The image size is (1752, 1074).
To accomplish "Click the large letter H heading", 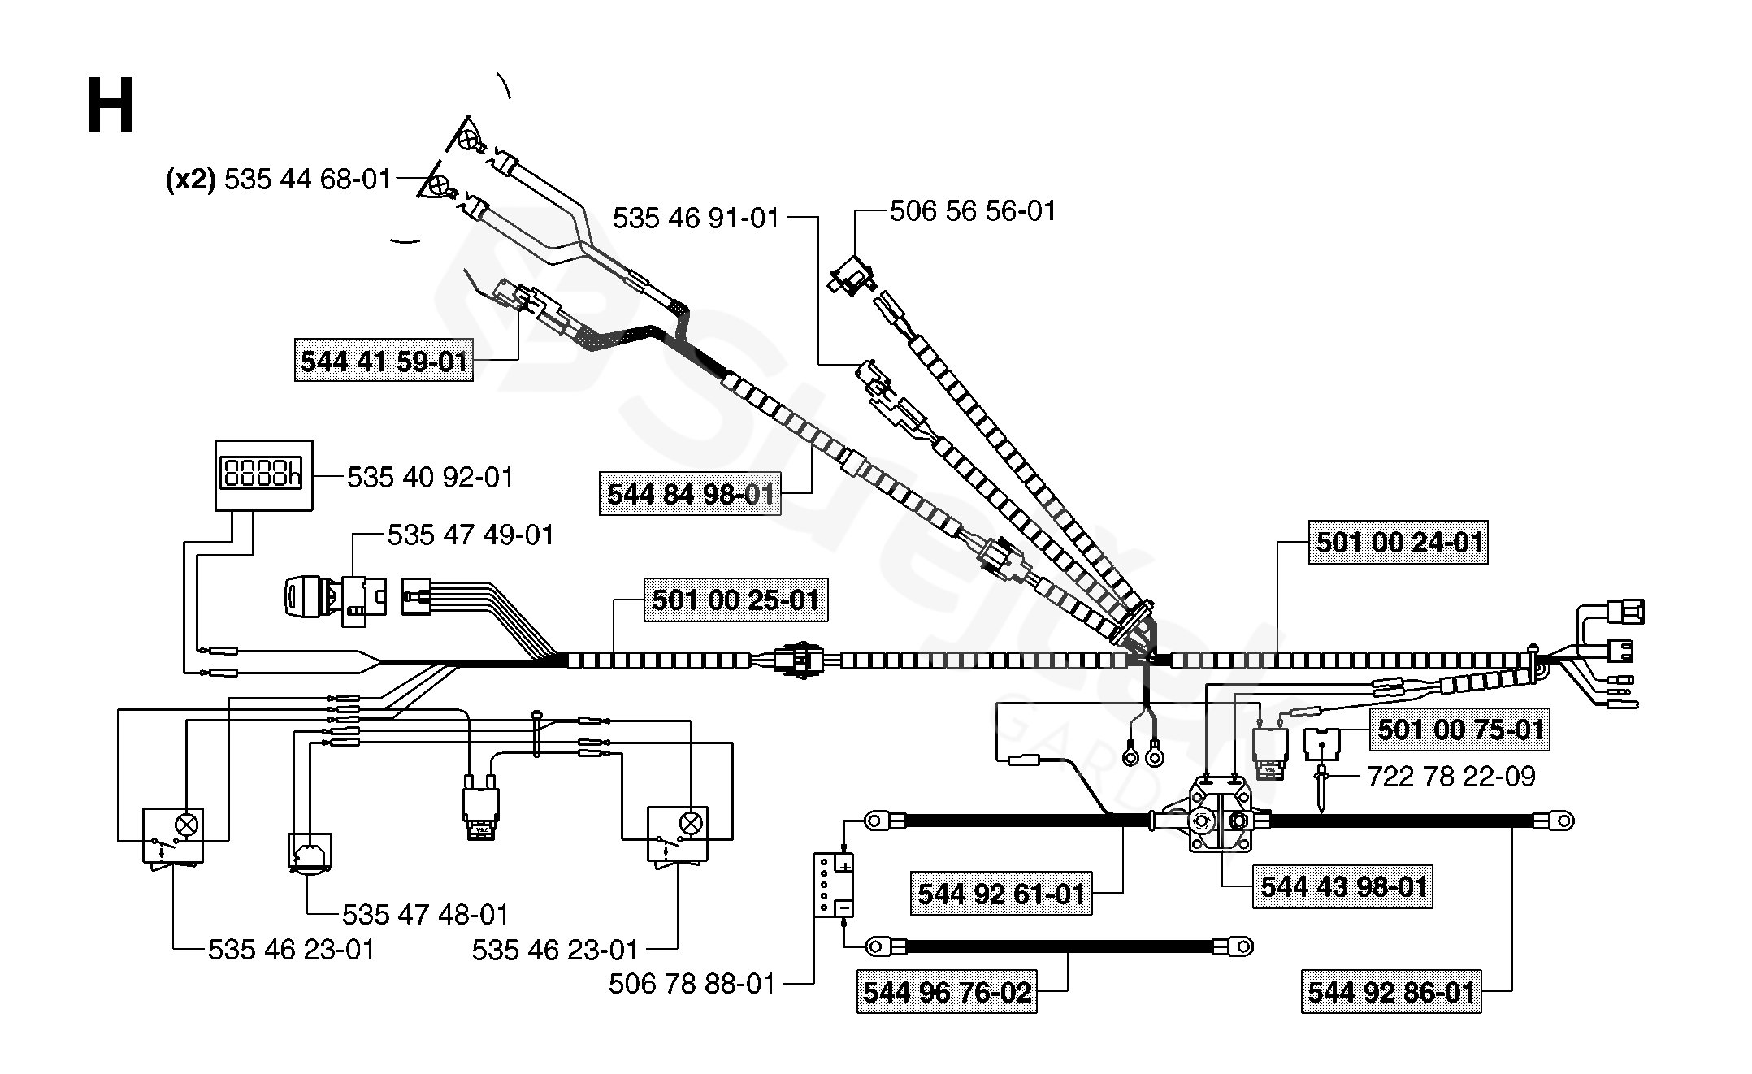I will [111, 107].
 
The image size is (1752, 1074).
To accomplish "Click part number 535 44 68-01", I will [307, 179].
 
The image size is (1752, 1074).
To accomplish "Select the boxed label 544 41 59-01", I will [384, 361].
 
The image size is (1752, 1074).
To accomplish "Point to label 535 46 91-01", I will [696, 218].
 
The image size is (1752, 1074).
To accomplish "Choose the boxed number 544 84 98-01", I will [691, 494].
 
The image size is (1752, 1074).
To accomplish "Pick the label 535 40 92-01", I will [431, 477].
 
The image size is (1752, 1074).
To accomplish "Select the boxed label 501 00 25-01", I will [735, 600].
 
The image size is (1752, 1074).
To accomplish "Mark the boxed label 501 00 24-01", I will [1399, 542].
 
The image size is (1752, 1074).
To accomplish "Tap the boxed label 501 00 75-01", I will [1460, 729].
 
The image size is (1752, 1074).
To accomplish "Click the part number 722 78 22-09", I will [1451, 777].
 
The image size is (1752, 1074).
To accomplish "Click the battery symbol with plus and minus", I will [834, 885].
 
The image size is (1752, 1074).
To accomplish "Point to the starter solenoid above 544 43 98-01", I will [1219, 815].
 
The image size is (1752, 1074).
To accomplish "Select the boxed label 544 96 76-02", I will [947, 992].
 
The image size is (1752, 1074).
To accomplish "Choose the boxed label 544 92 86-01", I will [1391, 992].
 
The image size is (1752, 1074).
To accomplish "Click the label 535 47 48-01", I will [425, 915].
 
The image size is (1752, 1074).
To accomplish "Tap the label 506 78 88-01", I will [692, 984].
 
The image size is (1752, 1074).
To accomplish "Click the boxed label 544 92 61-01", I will [1001, 894].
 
